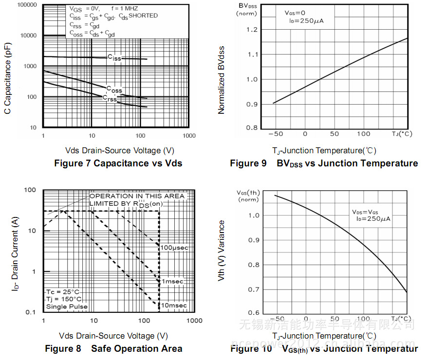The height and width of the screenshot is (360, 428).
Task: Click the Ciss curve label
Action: click(x=114, y=58)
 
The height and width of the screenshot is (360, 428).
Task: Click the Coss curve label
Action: click(x=114, y=90)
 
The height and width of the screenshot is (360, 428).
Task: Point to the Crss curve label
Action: click(x=110, y=98)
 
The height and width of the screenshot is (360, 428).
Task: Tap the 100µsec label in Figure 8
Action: click(x=174, y=248)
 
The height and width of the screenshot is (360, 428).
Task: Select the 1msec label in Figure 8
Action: click(x=173, y=282)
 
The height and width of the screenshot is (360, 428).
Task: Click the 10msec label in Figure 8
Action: click(x=174, y=306)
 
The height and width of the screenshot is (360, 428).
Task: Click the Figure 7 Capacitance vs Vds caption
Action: click(x=118, y=163)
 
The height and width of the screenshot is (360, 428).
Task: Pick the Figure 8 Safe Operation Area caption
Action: click(x=113, y=349)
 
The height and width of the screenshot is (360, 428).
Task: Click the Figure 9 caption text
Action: click(x=324, y=163)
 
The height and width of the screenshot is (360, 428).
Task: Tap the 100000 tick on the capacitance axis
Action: click(x=27, y=5)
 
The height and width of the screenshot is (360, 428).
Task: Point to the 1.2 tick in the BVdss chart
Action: click(x=252, y=30)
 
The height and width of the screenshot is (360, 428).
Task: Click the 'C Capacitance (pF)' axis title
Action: click(x=8, y=78)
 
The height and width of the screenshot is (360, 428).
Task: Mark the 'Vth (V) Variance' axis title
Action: click(x=222, y=251)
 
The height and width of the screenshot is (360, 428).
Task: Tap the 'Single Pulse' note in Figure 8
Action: click(x=67, y=307)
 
